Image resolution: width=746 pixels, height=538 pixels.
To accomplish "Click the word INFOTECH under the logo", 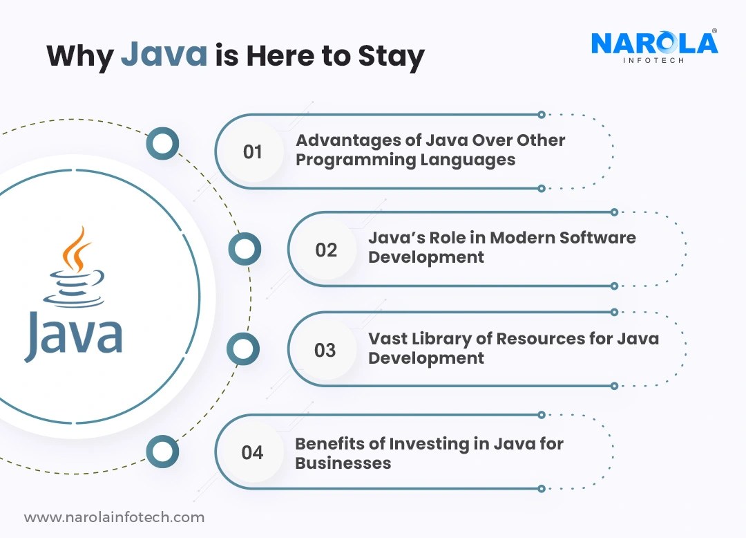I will click(654, 60).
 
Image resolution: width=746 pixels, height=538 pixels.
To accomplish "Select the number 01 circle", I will click(253, 151).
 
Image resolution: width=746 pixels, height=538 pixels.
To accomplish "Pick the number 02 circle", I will click(326, 250).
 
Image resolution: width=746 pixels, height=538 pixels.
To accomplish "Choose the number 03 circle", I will click(325, 350).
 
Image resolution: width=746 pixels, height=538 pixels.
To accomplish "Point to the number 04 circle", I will click(252, 453).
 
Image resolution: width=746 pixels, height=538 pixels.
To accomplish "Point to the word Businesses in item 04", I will click(343, 463).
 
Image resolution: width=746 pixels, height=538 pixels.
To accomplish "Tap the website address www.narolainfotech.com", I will click(115, 517).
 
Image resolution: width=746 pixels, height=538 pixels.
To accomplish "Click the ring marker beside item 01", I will click(163, 144).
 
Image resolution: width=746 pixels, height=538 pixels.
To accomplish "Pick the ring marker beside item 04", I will click(163, 452).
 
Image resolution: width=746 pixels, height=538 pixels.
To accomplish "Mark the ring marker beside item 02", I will click(245, 249).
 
